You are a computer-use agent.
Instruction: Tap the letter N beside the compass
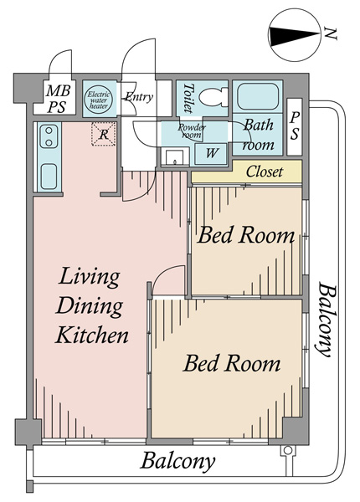[330, 33]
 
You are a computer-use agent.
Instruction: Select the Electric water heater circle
[99, 100]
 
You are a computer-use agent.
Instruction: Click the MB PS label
[58, 99]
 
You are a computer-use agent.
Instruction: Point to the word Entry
[139, 97]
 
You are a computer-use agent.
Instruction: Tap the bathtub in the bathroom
[258, 96]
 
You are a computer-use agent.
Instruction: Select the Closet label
[265, 172]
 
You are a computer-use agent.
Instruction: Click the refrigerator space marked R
[104, 134]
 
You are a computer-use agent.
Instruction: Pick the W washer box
[211, 154]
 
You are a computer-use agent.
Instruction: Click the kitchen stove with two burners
[49, 136]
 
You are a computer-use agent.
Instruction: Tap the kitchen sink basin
[49, 177]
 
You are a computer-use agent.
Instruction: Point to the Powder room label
[192, 131]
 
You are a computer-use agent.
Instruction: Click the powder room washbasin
[174, 157]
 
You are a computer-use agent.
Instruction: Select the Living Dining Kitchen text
[91, 305]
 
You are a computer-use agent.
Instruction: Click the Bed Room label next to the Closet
[245, 235]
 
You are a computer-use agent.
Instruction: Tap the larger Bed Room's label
[232, 363]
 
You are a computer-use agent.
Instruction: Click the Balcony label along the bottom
[177, 461]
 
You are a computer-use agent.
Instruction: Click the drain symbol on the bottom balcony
[287, 450]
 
